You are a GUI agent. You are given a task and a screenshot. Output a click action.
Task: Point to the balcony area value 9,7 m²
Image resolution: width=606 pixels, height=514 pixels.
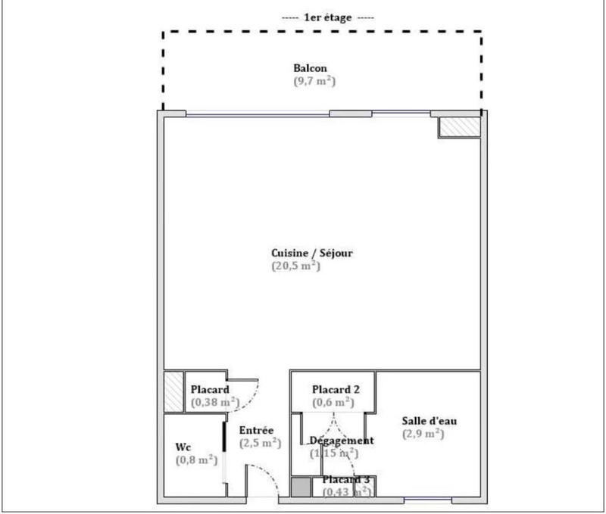coord(314,80)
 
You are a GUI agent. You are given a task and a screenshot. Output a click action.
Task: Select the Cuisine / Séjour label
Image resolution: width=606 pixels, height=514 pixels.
coord(313,254)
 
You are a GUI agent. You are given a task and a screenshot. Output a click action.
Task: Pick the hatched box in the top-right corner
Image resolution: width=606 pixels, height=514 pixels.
coord(459,127)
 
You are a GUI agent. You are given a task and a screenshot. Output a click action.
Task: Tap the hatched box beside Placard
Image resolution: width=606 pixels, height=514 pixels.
coord(173,391)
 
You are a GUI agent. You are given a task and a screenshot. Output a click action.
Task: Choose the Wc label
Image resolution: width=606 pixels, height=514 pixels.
coord(183,447)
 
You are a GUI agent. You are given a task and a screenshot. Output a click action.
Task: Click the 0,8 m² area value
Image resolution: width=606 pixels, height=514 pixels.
coord(196,459)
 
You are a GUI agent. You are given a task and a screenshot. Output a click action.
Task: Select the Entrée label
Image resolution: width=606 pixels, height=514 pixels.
coord(257,431)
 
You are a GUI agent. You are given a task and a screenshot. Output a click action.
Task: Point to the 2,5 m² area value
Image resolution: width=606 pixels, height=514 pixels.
coord(261,444)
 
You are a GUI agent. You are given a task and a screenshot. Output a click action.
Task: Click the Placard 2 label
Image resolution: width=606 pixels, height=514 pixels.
coord(336,389)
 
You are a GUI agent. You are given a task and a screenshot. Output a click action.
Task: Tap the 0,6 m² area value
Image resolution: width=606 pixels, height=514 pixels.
coord(333,401)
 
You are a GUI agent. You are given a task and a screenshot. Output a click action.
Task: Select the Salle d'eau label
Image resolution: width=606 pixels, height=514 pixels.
coord(430,421)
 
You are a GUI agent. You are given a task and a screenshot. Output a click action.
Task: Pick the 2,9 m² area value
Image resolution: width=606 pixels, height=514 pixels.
coord(423,434)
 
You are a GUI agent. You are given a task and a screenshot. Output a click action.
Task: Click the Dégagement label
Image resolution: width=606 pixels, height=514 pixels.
coord(342,441)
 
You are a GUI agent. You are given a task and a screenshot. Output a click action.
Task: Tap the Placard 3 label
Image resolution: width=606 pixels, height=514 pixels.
coord(346,480)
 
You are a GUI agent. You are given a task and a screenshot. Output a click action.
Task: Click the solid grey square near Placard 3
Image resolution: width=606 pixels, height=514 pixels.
coord(301,488)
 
